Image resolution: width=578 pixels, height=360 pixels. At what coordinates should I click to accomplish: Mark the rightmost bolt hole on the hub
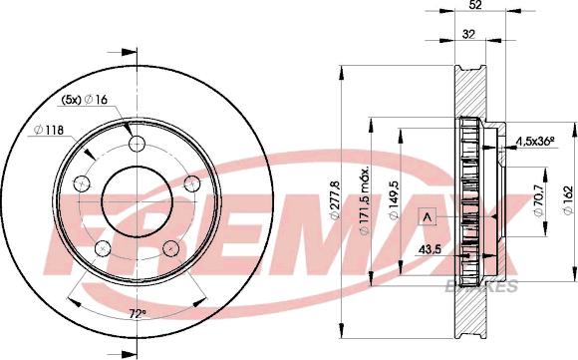point(190,181)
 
